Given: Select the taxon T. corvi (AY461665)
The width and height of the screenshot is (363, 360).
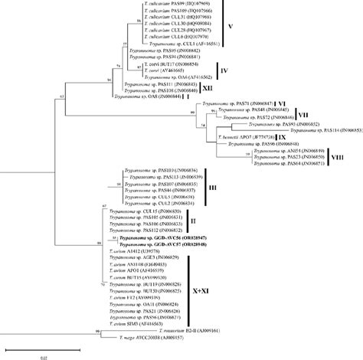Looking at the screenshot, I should (x=170, y=69).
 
